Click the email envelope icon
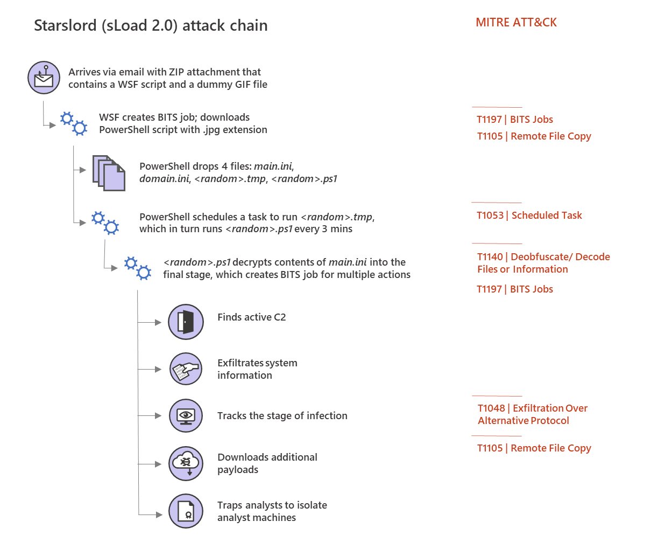tap(44, 78)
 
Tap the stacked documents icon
tap(109, 173)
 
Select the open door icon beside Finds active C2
tap(186, 322)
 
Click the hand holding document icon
tap(186, 369)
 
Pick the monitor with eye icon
tap(186, 415)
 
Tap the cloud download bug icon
tap(186, 463)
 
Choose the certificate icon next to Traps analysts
tap(186, 511)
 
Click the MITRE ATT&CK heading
tap(516, 23)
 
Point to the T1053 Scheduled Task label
tap(529, 216)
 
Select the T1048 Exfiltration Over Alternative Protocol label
tap(532, 414)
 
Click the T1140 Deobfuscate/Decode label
tap(543, 263)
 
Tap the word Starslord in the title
tap(65, 26)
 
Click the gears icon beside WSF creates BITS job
tap(74, 123)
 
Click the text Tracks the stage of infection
tap(282, 416)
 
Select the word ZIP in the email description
tap(176, 72)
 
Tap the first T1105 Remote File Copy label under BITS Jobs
tap(534, 136)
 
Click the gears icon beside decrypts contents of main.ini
tap(138, 268)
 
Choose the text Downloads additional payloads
tap(267, 463)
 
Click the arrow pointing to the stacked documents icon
tap(82, 170)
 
